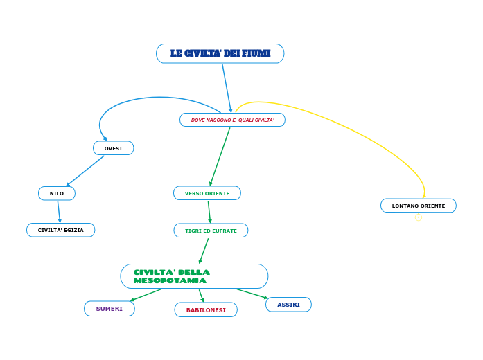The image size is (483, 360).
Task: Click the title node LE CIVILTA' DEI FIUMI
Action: point(220,53)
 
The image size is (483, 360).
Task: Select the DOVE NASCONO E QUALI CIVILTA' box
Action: point(232,120)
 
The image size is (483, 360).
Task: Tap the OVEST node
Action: point(113,148)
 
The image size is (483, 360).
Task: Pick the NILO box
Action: point(57,193)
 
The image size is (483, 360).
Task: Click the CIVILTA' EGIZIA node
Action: point(60,230)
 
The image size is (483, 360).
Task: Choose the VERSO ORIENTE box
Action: point(207,193)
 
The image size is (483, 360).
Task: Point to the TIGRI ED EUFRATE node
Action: point(211,231)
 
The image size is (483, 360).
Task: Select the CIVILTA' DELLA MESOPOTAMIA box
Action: point(194,276)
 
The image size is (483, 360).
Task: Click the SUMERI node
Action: point(109,309)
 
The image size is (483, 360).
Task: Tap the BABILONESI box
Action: point(206,310)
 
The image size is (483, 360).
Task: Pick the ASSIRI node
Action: point(288,305)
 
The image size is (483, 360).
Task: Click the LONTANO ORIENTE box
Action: point(419,206)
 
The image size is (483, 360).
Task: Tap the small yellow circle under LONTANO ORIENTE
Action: point(419,217)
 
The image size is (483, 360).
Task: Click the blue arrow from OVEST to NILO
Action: point(85,171)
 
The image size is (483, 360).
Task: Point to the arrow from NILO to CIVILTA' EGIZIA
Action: point(59,211)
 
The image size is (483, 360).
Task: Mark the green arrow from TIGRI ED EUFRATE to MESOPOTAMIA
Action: point(204,250)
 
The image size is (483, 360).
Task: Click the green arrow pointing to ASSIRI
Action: point(252,294)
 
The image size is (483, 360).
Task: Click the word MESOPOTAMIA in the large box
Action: point(170,281)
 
